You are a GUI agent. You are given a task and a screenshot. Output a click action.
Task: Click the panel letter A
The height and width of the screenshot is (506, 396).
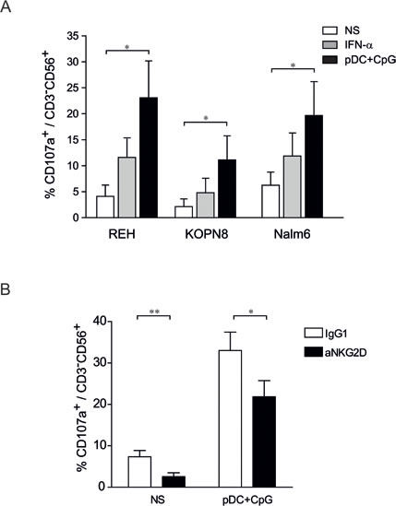8,8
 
